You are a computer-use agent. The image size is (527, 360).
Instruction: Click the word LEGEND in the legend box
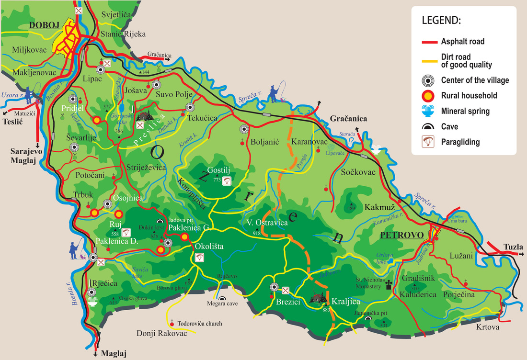441,22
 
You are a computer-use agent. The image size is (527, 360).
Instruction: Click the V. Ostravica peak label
267,223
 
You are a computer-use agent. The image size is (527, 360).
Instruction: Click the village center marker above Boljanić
244,128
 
